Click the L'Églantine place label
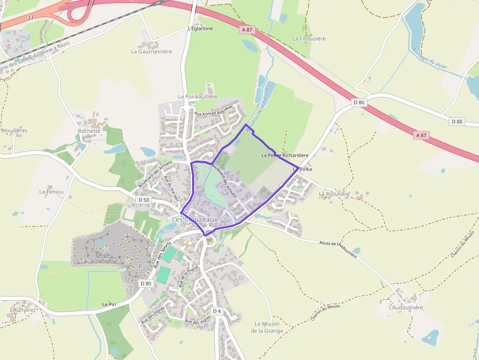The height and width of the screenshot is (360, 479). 200,28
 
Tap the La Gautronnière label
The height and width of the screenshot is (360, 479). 152,51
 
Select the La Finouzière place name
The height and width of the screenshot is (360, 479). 309,39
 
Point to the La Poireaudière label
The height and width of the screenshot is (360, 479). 197,97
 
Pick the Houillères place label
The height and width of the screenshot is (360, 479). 15,130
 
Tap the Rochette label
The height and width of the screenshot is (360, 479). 89,131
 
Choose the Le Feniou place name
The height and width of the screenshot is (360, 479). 51,192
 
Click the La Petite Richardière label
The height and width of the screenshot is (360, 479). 285,155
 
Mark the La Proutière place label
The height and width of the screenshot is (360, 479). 334,194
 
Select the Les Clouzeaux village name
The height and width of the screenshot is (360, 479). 195,220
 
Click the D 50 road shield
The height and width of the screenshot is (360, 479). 144,200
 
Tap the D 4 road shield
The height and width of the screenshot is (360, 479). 217,311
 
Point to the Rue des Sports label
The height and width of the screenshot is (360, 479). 162,254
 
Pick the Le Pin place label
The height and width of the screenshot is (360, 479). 109,304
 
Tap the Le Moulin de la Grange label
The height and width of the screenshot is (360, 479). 267,327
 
